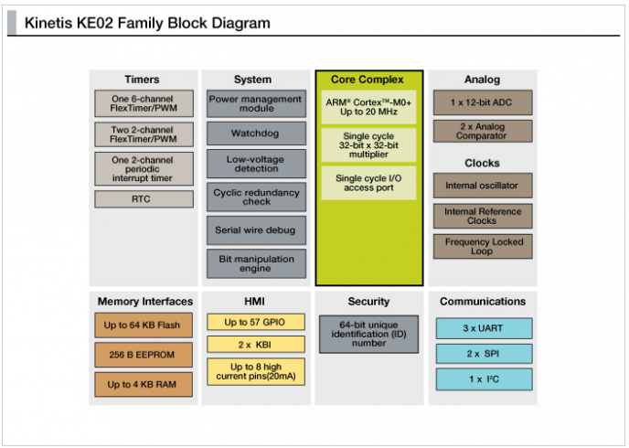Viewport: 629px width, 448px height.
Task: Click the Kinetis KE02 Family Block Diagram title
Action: pos(147,23)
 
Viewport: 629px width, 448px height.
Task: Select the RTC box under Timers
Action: pos(144,198)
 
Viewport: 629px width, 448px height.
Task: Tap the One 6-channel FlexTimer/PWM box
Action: pos(144,102)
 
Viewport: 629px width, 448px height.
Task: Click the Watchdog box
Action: pos(256,133)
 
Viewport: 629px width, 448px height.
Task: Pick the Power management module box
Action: pos(256,103)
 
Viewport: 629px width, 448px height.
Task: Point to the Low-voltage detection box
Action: pos(256,164)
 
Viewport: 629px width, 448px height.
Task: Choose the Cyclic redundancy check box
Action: pos(256,197)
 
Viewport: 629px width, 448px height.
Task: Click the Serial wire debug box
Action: pos(256,229)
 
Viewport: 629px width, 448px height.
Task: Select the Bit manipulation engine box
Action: pos(256,263)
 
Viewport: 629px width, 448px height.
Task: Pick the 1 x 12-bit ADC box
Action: pos(482,101)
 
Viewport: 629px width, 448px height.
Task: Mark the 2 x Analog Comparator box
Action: pos(482,132)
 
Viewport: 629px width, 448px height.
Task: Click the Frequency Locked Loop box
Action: pos(482,247)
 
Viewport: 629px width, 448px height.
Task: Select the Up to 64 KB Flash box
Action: pos(144,325)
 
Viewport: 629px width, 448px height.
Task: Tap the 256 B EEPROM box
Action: pos(144,355)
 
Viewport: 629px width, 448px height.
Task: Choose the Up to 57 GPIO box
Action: pos(256,322)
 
